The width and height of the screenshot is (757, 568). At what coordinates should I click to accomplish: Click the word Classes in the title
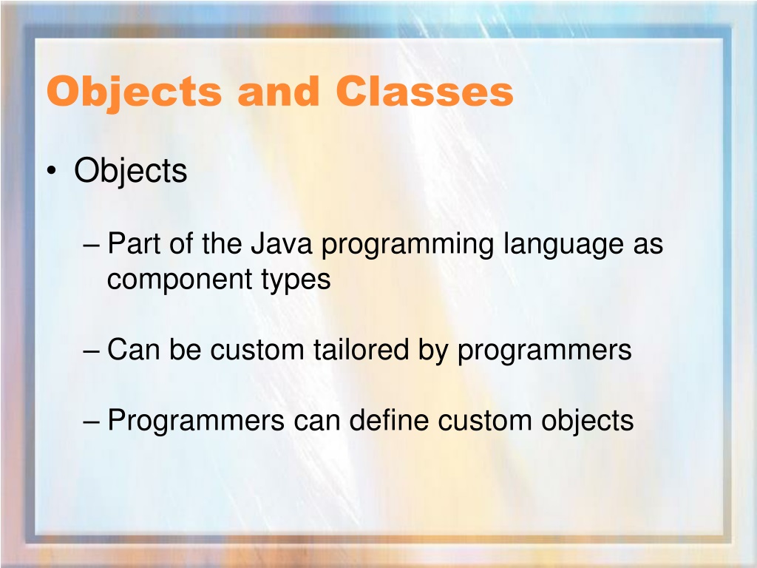point(424,91)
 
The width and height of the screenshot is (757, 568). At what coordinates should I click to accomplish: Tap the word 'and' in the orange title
point(279,91)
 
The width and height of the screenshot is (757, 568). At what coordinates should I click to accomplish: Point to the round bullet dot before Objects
point(52,171)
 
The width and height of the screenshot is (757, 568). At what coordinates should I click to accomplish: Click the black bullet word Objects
point(130,171)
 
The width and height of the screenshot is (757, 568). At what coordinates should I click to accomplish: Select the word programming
point(407,246)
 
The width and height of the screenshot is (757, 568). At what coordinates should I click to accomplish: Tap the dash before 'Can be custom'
point(91,351)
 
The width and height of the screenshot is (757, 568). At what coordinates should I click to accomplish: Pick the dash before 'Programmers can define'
point(91,421)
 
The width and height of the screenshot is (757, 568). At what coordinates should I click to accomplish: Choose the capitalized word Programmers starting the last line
point(195,421)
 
